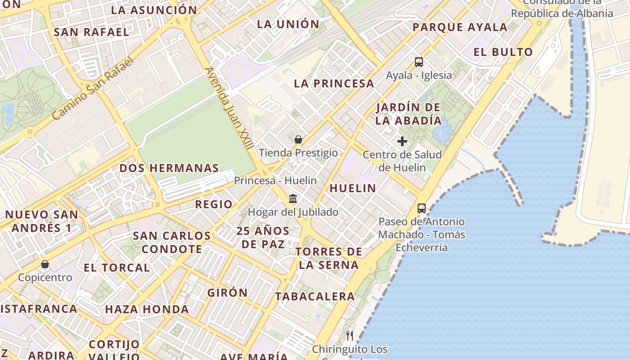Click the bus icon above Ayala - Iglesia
[x=419, y=62]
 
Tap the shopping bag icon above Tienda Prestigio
[x=298, y=139]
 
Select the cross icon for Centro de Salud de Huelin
[x=402, y=141]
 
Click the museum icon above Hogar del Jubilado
[x=293, y=198]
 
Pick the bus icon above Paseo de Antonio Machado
[x=422, y=208]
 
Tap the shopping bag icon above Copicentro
[x=45, y=264]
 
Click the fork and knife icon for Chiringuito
[x=350, y=336]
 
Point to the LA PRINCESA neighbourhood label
[x=334, y=84]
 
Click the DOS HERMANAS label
[x=169, y=168]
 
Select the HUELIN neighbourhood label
[x=353, y=189]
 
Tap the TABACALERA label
[x=315, y=297]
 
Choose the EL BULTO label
[x=503, y=52]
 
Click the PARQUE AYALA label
[x=460, y=27]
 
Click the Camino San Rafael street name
[x=93, y=89]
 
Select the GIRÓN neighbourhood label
[x=228, y=293]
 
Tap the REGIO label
[x=214, y=204]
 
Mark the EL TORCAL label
[x=117, y=268]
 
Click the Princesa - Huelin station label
[x=275, y=180]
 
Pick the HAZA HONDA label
[x=147, y=310]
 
